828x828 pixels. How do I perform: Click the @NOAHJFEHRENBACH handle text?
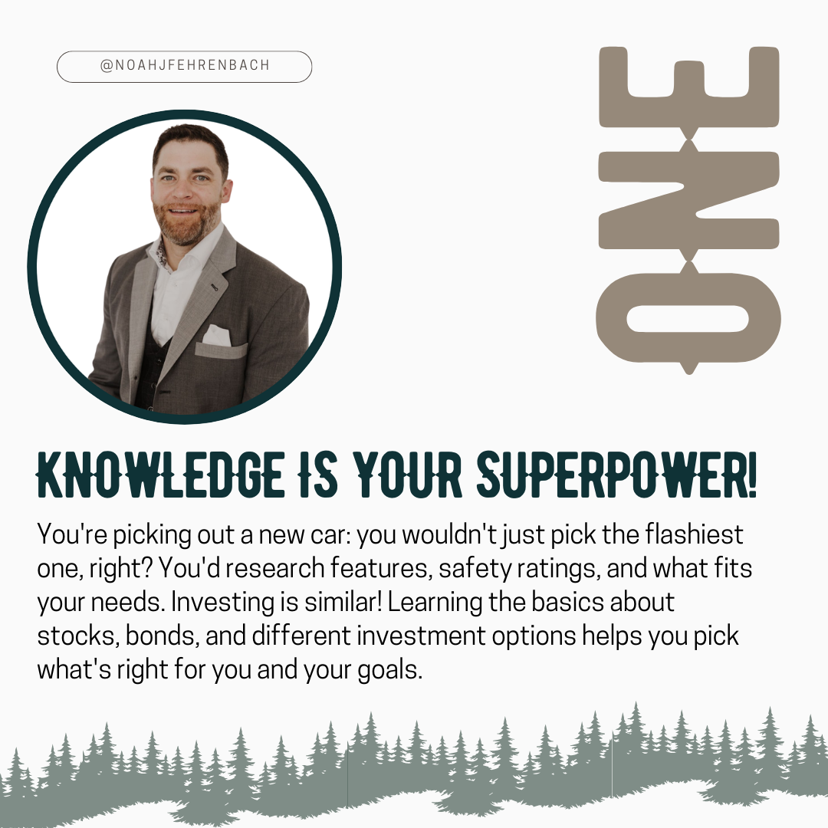[185, 65]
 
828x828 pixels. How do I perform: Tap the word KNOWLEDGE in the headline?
[160, 475]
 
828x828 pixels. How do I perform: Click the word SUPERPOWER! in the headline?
[616, 475]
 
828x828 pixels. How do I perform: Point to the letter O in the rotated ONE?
[688, 318]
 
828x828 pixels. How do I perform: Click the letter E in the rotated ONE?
[688, 87]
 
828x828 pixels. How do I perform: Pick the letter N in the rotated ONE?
[688, 200]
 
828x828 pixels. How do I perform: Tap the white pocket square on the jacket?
[217, 335]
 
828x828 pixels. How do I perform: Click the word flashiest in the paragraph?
[694, 534]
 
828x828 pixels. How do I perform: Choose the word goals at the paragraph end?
[389, 670]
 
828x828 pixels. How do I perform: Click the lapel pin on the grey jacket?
[214, 287]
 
